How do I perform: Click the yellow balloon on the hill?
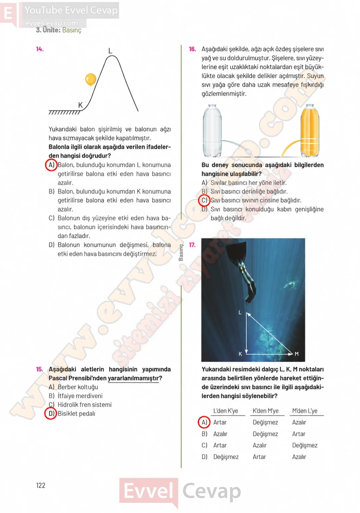point(90,80)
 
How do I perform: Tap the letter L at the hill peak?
point(110,51)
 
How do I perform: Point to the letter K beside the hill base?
point(80,105)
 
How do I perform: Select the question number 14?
point(40,49)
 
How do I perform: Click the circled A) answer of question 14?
point(51,165)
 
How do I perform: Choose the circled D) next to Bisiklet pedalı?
point(51,413)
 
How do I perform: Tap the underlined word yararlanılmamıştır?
point(133,378)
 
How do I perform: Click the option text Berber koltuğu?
point(78,387)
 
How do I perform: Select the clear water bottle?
point(212,131)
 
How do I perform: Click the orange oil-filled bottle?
point(310,131)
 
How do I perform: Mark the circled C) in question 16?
point(204,200)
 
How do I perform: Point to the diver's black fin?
point(236,251)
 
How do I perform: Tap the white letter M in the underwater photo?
point(297,354)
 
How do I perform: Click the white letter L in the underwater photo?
point(240,313)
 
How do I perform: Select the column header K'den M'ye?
point(265,411)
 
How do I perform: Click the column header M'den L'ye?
point(305,411)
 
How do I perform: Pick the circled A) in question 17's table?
point(204,422)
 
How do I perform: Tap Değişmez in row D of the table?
point(226,457)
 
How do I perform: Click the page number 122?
point(41,485)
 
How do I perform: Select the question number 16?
point(193,49)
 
